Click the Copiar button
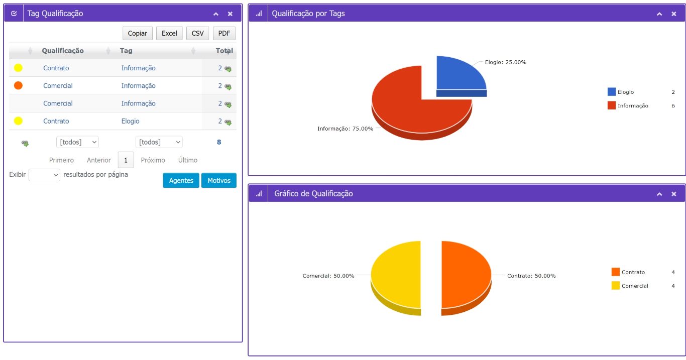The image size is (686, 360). coord(138,33)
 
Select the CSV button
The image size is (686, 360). coord(197,33)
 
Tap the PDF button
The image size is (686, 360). coord(224,33)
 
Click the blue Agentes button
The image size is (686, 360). coord(181,180)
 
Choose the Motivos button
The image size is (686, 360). coord(219,180)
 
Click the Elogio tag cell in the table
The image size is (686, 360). coord(130,121)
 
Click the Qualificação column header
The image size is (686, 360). coord(63,51)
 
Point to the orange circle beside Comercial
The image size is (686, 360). coord(19,85)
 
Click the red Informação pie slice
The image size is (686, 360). coord(407,107)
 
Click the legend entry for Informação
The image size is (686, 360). coord(633,105)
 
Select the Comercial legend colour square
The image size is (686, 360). coord(616,286)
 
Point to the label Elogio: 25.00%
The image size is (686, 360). coord(506,62)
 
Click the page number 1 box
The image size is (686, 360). coord(126,160)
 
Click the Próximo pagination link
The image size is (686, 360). coord(153,160)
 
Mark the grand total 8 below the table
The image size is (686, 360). coord(219,142)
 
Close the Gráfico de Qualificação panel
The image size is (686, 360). coord(674,194)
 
